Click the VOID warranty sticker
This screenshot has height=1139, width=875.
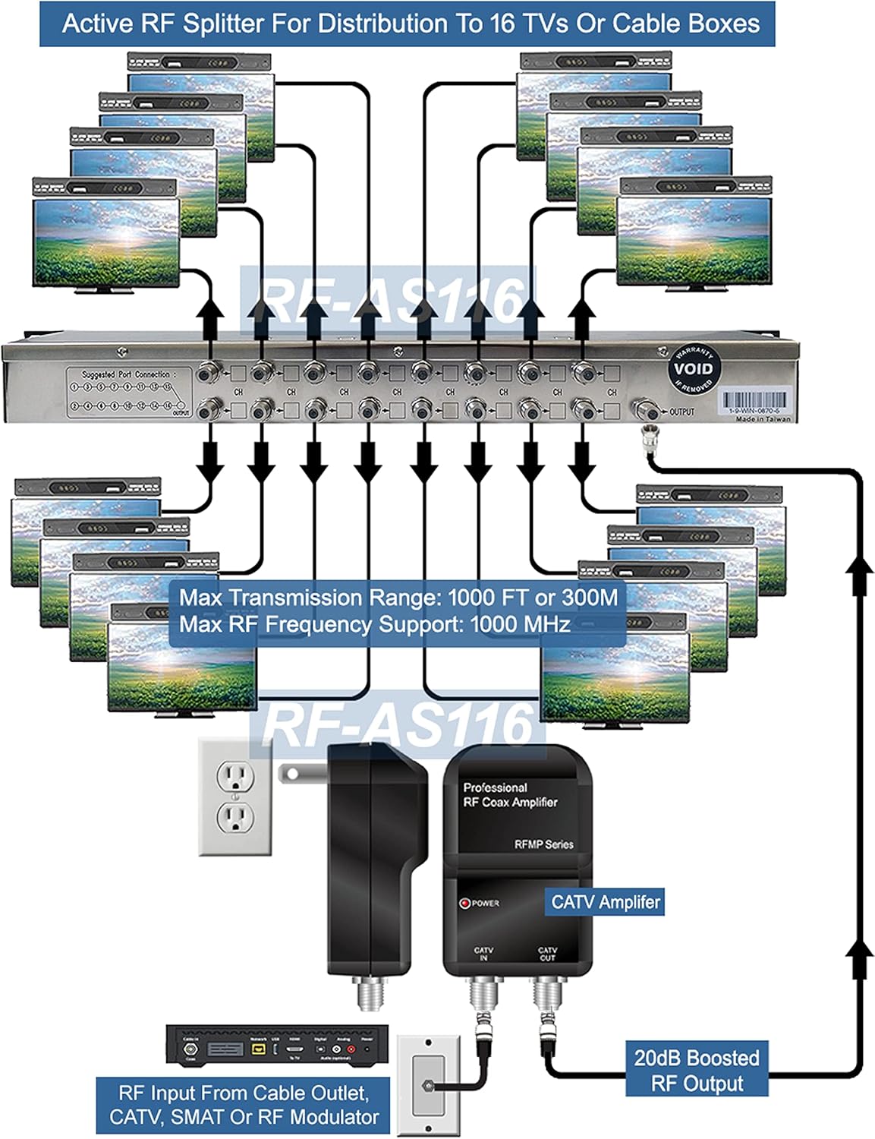[x=694, y=368]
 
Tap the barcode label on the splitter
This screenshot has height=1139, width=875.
[x=754, y=400]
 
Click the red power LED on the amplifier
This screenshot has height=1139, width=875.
[x=465, y=903]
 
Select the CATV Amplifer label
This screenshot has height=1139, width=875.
[x=606, y=902]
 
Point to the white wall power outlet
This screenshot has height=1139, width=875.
[x=235, y=797]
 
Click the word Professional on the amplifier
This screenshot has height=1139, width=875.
[x=495, y=787]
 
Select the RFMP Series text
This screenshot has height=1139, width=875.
[x=543, y=844]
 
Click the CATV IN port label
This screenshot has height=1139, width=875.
[x=483, y=954]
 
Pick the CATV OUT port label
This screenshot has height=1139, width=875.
[x=547, y=954]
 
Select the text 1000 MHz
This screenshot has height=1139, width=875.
[x=520, y=625]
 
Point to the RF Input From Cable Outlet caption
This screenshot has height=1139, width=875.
[x=244, y=1105]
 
